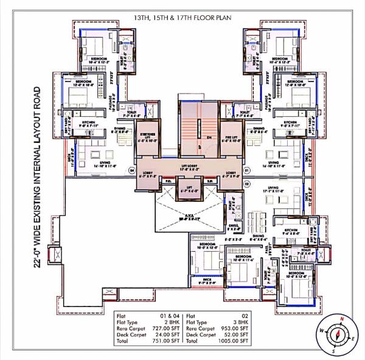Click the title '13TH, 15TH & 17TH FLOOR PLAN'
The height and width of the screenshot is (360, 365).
pyautogui.click(x=182, y=10)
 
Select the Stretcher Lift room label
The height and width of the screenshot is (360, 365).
pyautogui.click(x=147, y=136)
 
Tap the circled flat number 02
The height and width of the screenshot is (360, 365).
pyautogui.click(x=247, y=181)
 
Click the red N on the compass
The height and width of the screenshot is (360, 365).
pyautogui.click(x=342, y=319)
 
